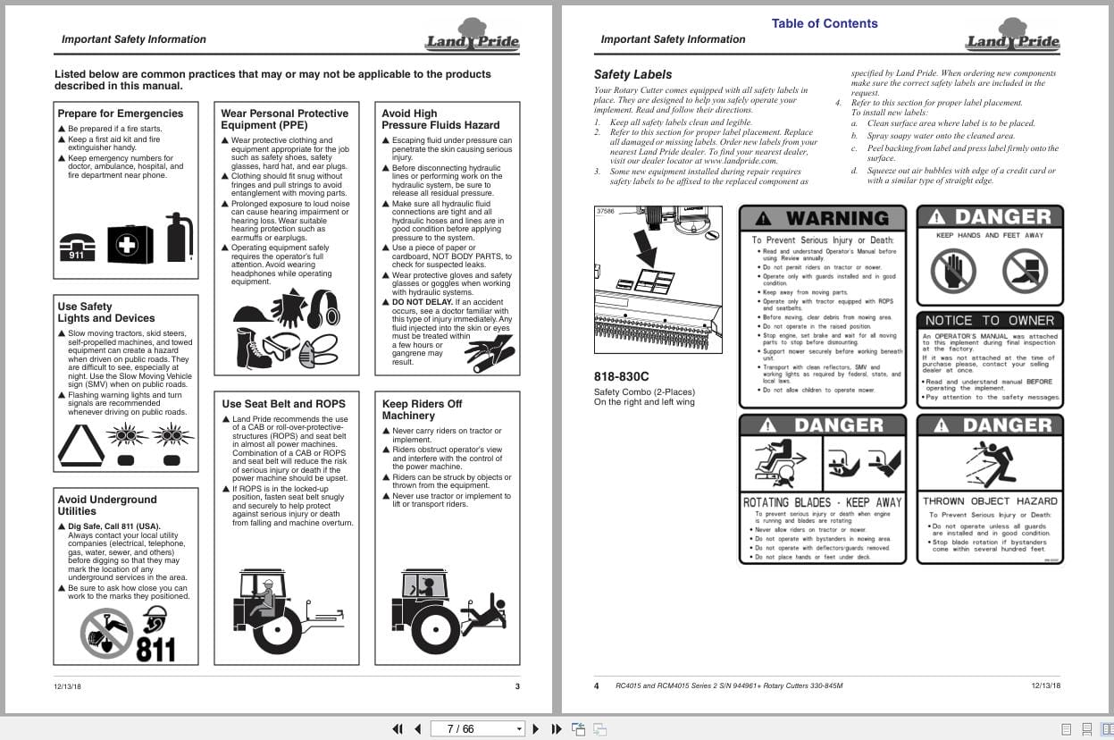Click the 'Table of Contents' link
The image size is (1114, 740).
(x=824, y=23)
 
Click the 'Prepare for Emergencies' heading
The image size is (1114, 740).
(x=120, y=114)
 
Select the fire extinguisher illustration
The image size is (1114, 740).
(x=179, y=237)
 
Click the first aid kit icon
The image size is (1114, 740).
(x=130, y=243)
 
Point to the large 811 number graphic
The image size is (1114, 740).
(x=155, y=647)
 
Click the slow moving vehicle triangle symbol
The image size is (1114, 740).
(x=80, y=444)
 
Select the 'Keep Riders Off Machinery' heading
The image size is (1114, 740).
(x=422, y=409)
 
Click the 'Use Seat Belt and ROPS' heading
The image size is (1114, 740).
(x=282, y=404)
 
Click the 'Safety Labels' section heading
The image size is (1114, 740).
(x=632, y=74)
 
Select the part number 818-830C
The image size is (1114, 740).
(x=621, y=376)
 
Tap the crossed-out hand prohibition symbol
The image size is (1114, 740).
(x=952, y=271)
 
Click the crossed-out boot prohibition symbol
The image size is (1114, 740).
(x=1024, y=271)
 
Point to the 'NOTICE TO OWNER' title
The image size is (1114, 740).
(x=989, y=320)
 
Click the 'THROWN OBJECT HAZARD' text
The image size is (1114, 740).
(x=989, y=501)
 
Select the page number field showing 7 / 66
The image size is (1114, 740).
(x=476, y=728)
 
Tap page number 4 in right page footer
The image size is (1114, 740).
(x=597, y=686)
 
